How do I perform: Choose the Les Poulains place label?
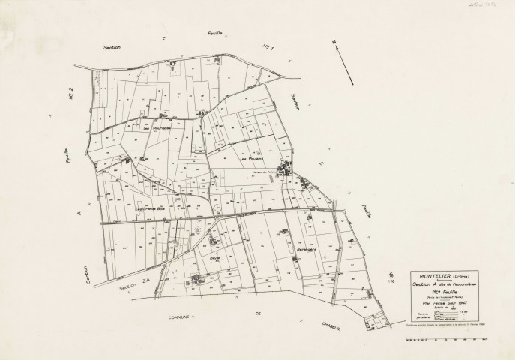pos(249,158)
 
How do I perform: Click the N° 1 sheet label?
pos(268,48)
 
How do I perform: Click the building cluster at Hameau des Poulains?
pos(286,169)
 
